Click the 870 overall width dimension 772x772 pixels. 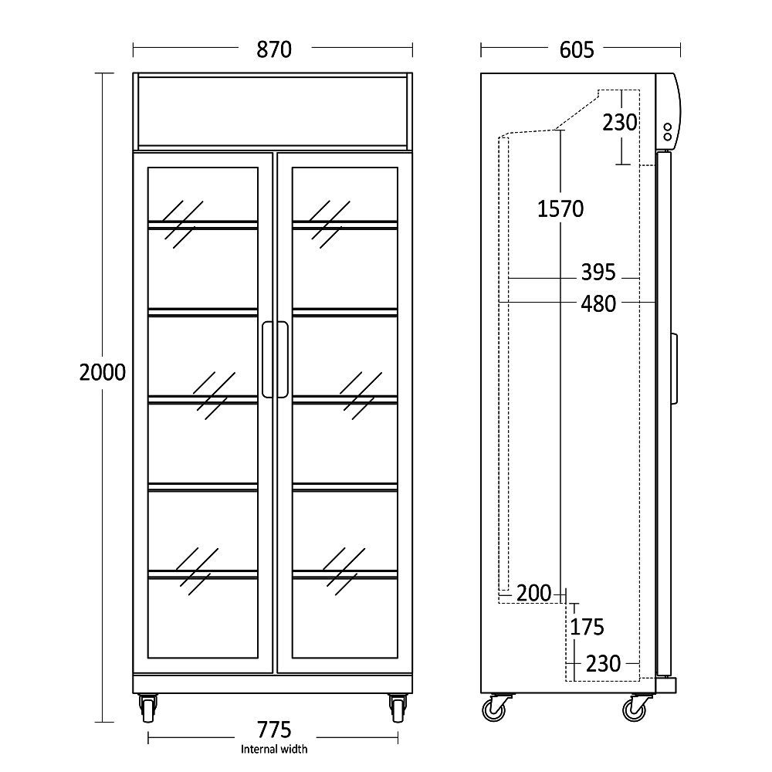(x=273, y=50)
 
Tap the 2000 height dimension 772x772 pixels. (x=102, y=373)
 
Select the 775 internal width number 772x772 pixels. (x=274, y=729)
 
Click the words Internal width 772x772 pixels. (x=274, y=749)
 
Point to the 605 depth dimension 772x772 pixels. (x=577, y=50)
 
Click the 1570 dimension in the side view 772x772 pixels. (x=560, y=208)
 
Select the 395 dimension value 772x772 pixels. (x=598, y=272)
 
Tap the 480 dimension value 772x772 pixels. (x=598, y=303)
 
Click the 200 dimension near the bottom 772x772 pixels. (x=534, y=593)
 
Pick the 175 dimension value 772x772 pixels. (x=587, y=626)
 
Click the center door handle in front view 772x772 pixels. (x=275, y=360)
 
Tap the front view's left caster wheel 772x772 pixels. (x=147, y=708)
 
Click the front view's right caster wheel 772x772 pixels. (x=398, y=708)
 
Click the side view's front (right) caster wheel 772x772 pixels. (x=635, y=707)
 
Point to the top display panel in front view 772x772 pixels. (x=273, y=111)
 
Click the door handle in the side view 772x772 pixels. (x=674, y=368)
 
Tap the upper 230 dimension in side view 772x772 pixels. (x=620, y=122)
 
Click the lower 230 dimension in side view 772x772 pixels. (x=603, y=663)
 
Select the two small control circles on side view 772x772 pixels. (x=667, y=131)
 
